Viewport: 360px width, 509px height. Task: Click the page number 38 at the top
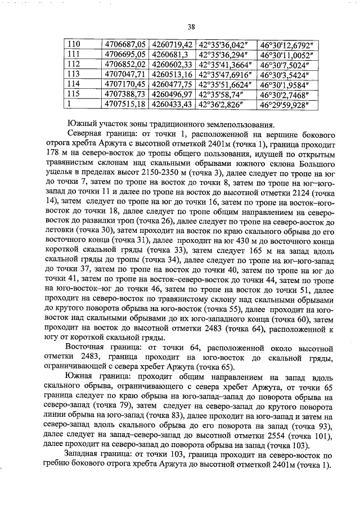[191, 26]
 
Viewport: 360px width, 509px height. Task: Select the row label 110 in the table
[74, 44]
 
